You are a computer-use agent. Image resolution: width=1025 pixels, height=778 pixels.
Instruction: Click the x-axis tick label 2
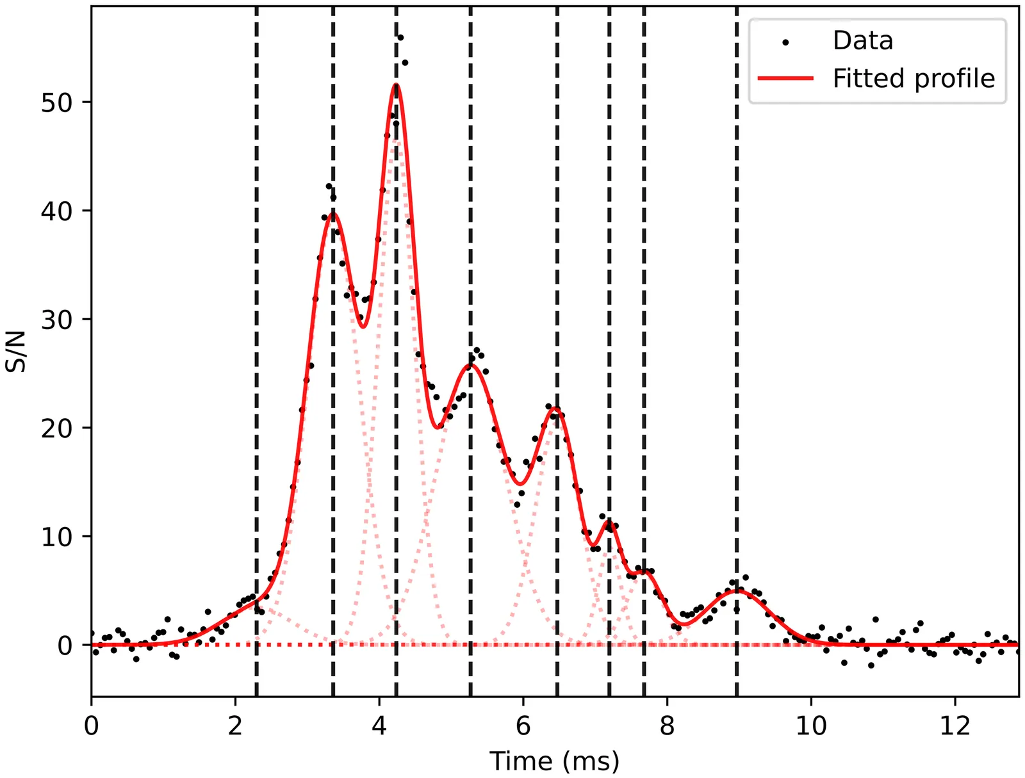click(235, 725)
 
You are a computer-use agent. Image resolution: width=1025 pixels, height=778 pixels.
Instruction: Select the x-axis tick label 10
click(811, 725)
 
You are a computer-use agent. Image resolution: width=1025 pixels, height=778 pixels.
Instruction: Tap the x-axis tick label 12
click(955, 725)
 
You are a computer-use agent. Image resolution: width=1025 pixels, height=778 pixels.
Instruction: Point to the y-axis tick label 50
click(57, 102)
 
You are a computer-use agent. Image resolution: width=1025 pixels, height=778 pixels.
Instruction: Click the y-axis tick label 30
click(57, 320)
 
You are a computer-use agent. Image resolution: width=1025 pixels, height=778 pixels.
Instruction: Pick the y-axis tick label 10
click(57, 537)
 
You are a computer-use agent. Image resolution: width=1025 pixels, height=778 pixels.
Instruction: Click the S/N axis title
click(17, 351)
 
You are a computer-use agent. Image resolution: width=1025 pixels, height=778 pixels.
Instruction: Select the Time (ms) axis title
click(554, 761)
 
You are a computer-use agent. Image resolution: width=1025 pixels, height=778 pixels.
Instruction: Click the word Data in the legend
click(862, 41)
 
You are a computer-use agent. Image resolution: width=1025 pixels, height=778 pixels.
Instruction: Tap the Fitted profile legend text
click(914, 79)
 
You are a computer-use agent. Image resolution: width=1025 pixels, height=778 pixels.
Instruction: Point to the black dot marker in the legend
click(785, 42)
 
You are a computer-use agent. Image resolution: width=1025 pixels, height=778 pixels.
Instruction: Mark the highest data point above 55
click(400, 38)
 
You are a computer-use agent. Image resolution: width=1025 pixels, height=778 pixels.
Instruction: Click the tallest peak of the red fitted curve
click(397, 85)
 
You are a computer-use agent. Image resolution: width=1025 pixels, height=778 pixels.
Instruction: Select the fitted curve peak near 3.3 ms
click(332, 214)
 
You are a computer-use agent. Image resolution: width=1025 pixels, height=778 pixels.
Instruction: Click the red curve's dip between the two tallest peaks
click(363, 327)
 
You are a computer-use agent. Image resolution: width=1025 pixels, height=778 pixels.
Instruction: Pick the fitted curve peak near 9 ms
click(737, 591)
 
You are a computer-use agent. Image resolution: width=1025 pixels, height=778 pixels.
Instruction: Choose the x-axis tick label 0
click(92, 725)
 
